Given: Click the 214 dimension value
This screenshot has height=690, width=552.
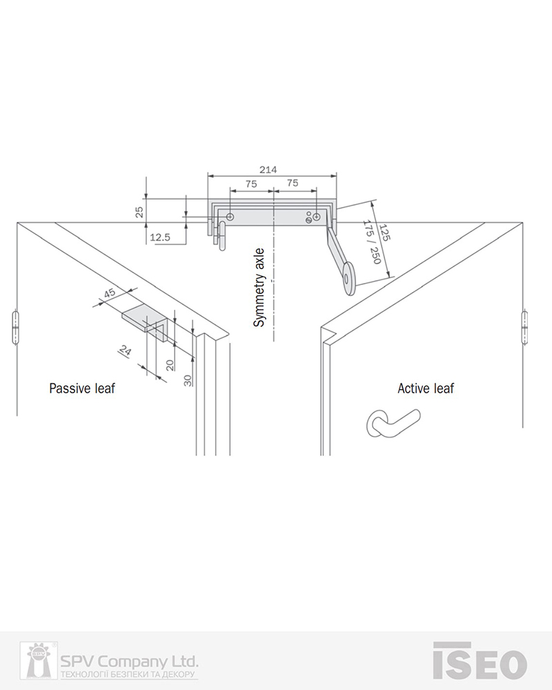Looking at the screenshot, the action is [268, 170].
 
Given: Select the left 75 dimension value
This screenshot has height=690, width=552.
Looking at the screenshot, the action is [251, 184].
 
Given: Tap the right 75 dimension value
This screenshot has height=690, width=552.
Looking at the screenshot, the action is [293, 183].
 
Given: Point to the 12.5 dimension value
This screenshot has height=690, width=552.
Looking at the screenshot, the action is [160, 237].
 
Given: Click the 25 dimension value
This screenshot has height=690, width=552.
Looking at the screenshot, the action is [139, 212].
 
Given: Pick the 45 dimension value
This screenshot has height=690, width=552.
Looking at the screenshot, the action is [109, 293].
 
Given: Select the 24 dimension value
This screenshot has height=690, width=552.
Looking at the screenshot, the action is [126, 351].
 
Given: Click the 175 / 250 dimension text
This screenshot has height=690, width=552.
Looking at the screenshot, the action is [371, 242].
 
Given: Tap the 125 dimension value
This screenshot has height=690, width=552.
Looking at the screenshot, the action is [385, 233].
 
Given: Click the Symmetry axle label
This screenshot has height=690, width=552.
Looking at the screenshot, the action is [259, 288].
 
